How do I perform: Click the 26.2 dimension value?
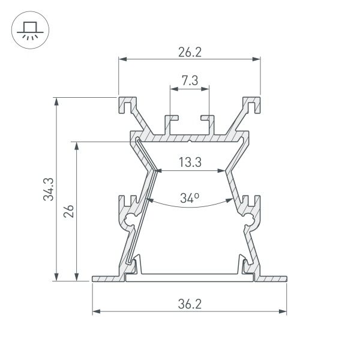pyautogui.click(x=189, y=52)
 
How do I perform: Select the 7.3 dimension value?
pyautogui.click(x=190, y=81)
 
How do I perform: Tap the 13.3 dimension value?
pyautogui.click(x=190, y=161)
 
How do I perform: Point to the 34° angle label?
pyautogui.click(x=190, y=197)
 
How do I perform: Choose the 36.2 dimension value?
pyautogui.click(x=190, y=304)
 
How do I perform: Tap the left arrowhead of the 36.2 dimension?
pyautogui.click(x=96, y=311)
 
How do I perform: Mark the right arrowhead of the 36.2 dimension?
pyautogui.click(x=283, y=311)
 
